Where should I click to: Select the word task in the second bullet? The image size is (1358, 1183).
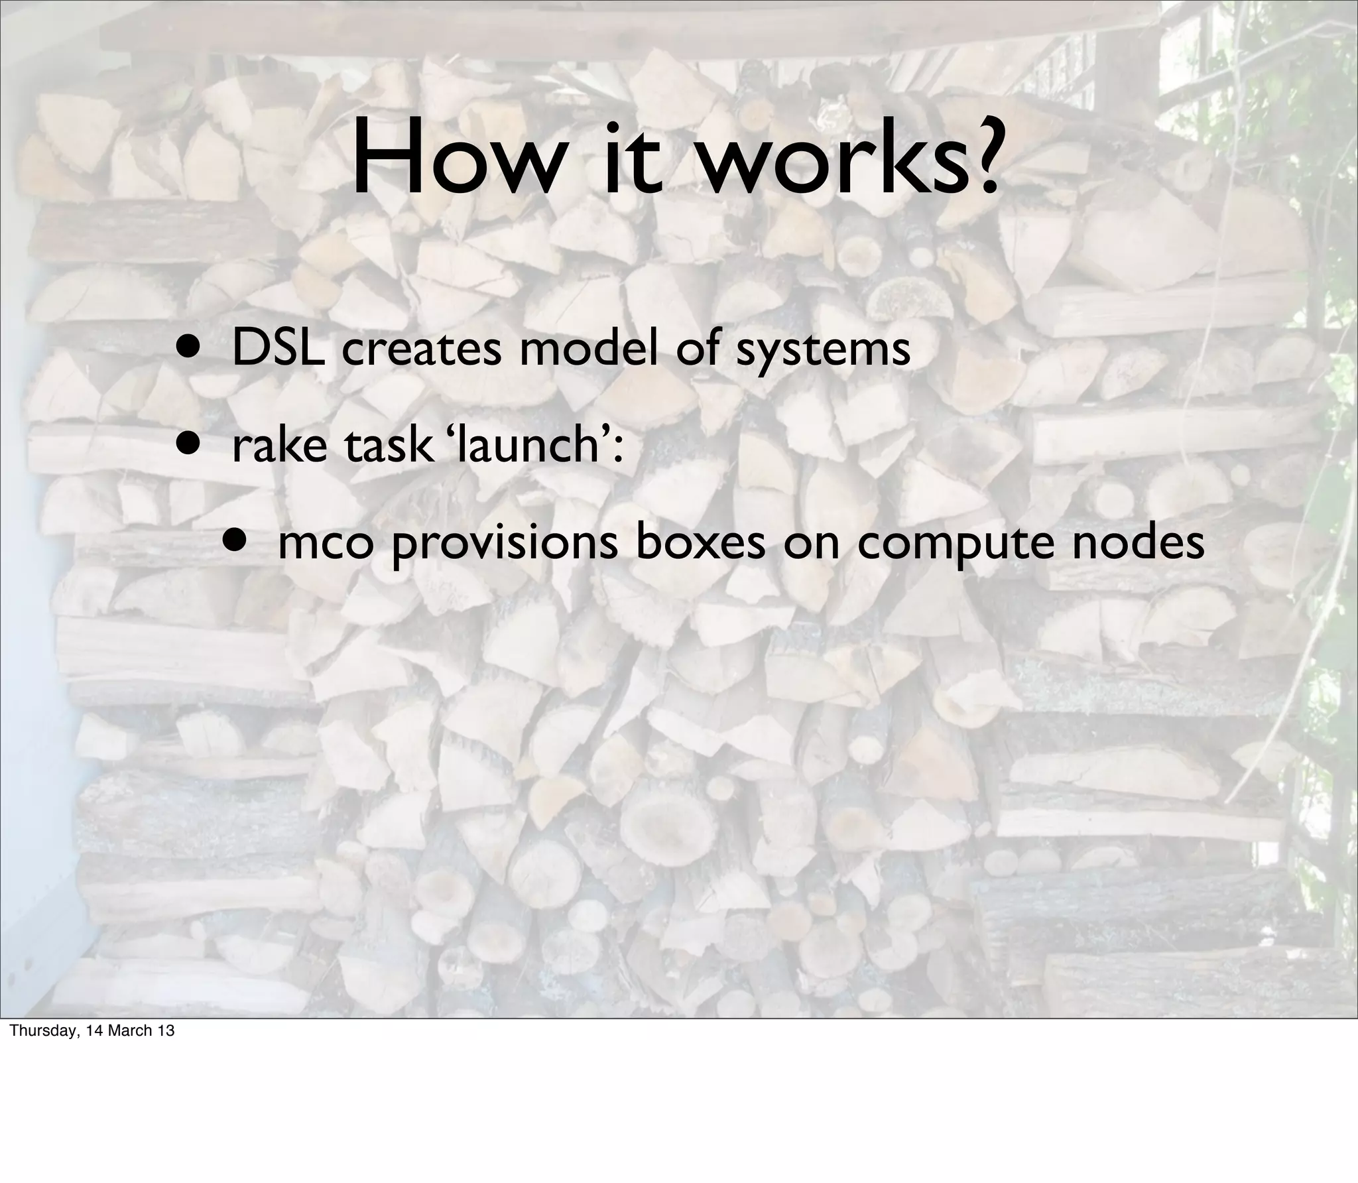pos(387,445)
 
